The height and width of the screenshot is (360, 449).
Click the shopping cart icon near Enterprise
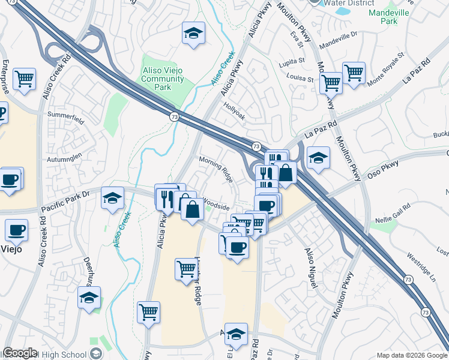pos(25,78)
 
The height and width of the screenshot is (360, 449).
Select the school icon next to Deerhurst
pos(89,297)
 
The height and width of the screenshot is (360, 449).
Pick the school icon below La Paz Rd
pos(318,158)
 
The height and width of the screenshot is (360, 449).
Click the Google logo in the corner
pos(20,353)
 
